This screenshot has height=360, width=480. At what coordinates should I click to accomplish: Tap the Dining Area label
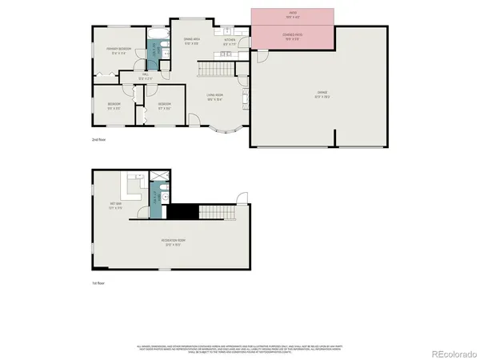[192, 40]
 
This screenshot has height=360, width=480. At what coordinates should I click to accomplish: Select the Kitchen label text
[229, 40]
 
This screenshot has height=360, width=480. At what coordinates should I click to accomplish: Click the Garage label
[320, 96]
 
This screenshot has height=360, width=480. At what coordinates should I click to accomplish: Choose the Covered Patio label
[293, 36]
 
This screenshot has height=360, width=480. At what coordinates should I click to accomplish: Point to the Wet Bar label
[116, 205]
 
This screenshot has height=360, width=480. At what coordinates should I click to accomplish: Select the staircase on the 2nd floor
[214, 70]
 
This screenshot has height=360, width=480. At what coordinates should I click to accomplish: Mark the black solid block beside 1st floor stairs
[186, 213]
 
